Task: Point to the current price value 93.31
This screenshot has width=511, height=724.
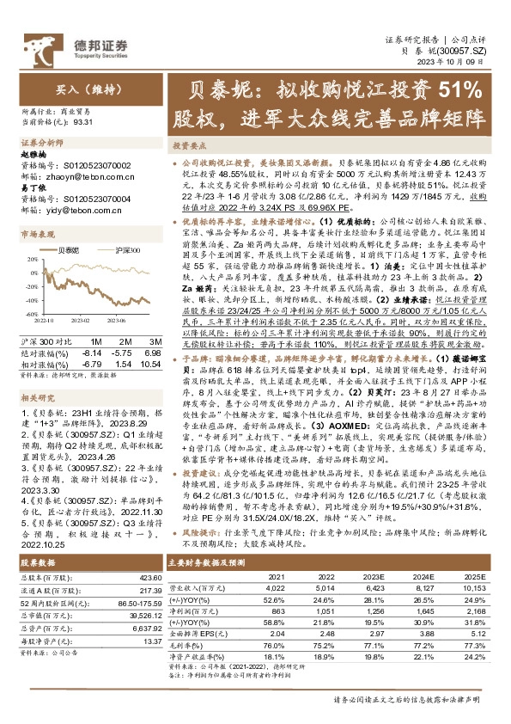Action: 85,123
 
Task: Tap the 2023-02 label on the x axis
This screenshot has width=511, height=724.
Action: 80,320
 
